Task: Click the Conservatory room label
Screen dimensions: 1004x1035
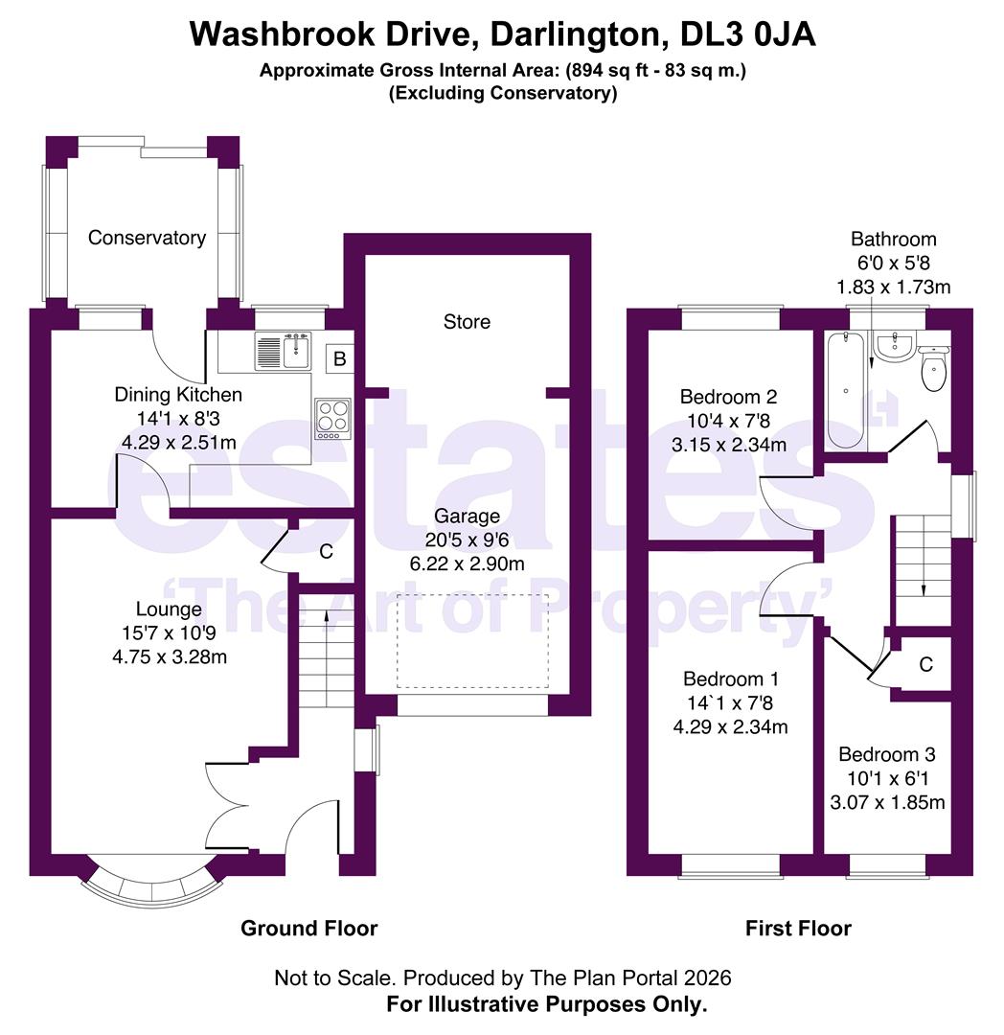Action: (148, 238)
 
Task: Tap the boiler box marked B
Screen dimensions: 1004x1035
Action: (340, 358)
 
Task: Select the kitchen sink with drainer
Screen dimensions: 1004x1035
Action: (283, 351)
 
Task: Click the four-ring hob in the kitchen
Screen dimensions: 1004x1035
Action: (333, 419)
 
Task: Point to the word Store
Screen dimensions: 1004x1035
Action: (468, 322)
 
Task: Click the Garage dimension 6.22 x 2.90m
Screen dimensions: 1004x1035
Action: (468, 564)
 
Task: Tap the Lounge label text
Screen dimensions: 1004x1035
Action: (169, 609)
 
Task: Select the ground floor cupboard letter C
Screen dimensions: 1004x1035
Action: (326, 552)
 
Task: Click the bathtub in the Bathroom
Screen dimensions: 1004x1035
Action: (846, 390)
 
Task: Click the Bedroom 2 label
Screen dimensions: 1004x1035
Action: (729, 397)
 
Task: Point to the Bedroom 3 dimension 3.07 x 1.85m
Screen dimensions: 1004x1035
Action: (887, 803)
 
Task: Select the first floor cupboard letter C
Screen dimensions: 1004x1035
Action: (926, 665)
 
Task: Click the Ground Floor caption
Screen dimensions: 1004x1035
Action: (309, 928)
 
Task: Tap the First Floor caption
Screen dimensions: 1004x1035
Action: (798, 928)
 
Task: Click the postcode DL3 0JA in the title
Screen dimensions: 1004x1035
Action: (748, 34)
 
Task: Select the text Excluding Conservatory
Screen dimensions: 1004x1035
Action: (503, 93)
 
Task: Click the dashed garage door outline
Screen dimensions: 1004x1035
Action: (472, 641)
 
